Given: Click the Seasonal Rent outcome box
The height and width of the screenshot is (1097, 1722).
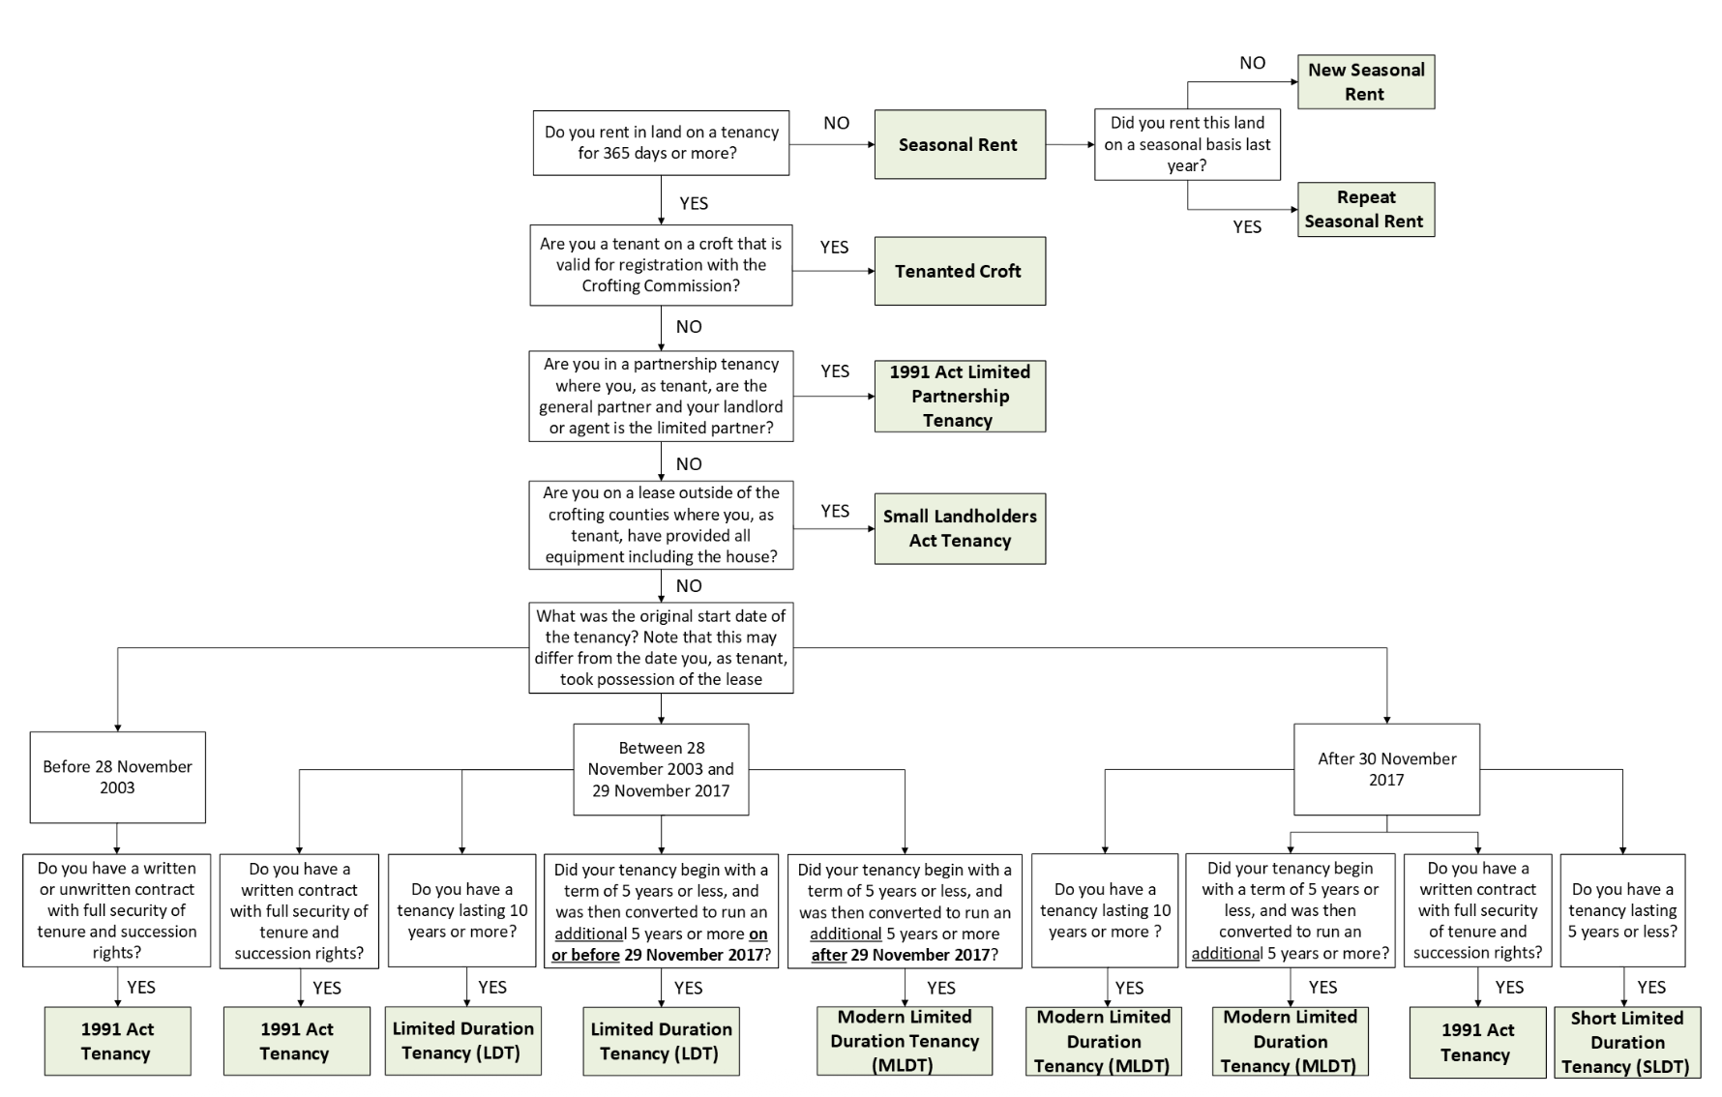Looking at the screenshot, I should pyautogui.click(x=960, y=144).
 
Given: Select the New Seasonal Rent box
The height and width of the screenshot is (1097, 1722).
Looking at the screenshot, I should pyautogui.click(x=1365, y=81).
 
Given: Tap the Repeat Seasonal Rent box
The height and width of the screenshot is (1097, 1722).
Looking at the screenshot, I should pyautogui.click(x=1365, y=209).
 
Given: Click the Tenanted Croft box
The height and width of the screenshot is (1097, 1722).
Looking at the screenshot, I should pyautogui.click(x=960, y=271).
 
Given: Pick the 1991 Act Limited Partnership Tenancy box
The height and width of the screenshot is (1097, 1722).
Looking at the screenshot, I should pyautogui.click(x=960, y=396).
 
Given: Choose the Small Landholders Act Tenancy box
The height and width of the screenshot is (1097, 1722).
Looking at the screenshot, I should pyautogui.click(x=960, y=528).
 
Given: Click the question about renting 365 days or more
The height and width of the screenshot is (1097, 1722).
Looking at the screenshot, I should pyautogui.click(x=661, y=142).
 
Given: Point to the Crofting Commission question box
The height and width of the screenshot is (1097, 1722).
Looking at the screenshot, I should pyautogui.click(x=661, y=264).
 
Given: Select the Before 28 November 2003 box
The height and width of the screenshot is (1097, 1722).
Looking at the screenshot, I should pyautogui.click(x=117, y=777).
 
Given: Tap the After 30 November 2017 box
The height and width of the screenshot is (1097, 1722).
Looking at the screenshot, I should pyautogui.click(x=1386, y=769).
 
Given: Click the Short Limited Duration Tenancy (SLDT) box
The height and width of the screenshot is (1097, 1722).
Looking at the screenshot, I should pyautogui.click(x=1627, y=1042).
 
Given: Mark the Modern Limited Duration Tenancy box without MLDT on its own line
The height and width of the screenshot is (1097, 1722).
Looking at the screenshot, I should pyautogui.click(x=1104, y=1041).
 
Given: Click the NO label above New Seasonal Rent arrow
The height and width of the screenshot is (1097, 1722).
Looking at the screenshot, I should pyautogui.click(x=1252, y=63).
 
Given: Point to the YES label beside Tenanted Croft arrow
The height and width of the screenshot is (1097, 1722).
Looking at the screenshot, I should pyautogui.click(x=834, y=248).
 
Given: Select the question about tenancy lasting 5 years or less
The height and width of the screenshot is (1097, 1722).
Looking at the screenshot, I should pyautogui.click(x=1622, y=909).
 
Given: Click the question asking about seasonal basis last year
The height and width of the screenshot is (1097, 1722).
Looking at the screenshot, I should pyautogui.click(x=1187, y=144).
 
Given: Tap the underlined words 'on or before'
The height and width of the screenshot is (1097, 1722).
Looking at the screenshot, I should pyautogui.click(x=586, y=955).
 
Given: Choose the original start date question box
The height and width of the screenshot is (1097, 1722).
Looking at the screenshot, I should pyautogui.click(x=661, y=647).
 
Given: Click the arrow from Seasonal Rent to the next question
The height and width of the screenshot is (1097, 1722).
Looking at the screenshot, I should pyautogui.click(x=1069, y=144).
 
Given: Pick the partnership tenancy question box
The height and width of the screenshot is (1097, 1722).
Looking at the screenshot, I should pyautogui.click(x=661, y=396).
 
